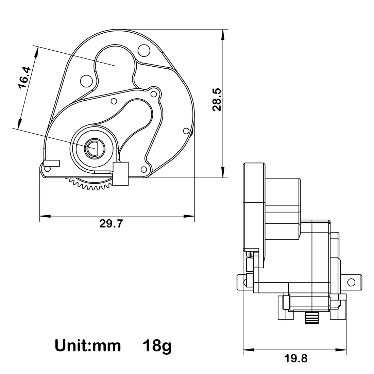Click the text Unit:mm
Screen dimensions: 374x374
pyautogui.click(x=88, y=346)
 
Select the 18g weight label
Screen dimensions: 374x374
pyautogui.click(x=157, y=346)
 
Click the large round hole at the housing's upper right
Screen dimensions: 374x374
pyautogui.click(x=144, y=51)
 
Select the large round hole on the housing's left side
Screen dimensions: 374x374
pyautogui.click(x=86, y=81)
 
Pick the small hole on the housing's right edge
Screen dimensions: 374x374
pyautogui.click(x=186, y=131)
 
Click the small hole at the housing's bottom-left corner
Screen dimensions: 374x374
pyautogui.click(x=47, y=169)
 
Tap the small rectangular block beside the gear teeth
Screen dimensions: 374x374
pyautogui.click(x=120, y=174)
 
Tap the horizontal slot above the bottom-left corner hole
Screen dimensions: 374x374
pyautogui.click(x=52, y=163)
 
